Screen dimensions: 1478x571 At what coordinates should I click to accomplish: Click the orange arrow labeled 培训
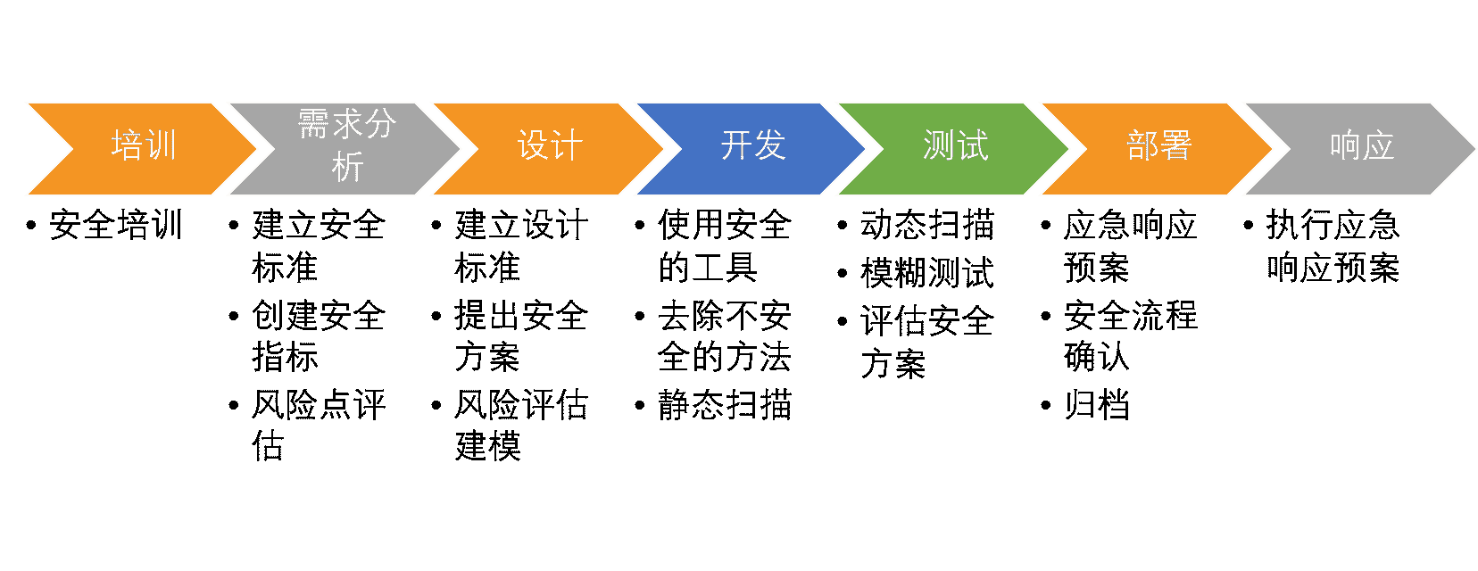pyautogui.click(x=143, y=148)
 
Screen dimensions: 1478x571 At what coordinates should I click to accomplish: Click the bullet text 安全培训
pyautogui.click(x=115, y=225)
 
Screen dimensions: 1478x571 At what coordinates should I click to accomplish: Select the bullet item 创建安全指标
pyautogui.click(x=318, y=335)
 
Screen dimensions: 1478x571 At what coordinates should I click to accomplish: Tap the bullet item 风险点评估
pyautogui.click(x=318, y=426)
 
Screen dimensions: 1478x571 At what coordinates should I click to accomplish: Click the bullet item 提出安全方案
pyautogui.click(x=520, y=335)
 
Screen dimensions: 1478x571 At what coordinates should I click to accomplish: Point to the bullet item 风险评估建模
pyautogui.click(x=520, y=426)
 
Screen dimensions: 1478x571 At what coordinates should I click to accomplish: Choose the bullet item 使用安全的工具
pyautogui.click(x=724, y=246)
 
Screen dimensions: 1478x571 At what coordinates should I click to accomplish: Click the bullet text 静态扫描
pyautogui.click(x=725, y=404)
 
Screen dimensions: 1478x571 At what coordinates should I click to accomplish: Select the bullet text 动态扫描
pyautogui.click(x=927, y=225)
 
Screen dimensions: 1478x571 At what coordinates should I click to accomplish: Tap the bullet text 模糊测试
pyautogui.click(x=927, y=273)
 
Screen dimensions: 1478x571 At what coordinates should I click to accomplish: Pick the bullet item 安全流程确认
pyautogui.click(x=1130, y=335)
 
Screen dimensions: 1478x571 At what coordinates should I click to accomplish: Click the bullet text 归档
pyautogui.click(x=1097, y=404)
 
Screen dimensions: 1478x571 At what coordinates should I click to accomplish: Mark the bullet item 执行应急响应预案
pyautogui.click(x=1333, y=246)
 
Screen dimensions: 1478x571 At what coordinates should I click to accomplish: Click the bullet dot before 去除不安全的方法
pyautogui.click(x=639, y=316)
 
